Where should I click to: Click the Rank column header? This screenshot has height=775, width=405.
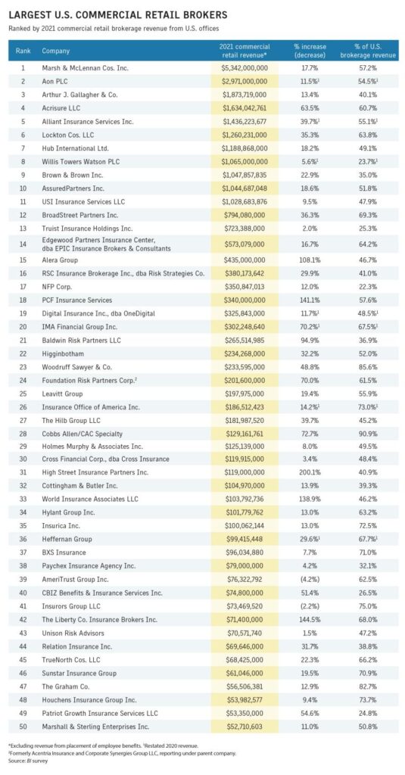click(x=23, y=51)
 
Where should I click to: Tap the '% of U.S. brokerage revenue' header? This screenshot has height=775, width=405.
click(x=368, y=51)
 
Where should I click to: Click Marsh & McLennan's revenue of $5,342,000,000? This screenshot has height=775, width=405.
click(x=245, y=67)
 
